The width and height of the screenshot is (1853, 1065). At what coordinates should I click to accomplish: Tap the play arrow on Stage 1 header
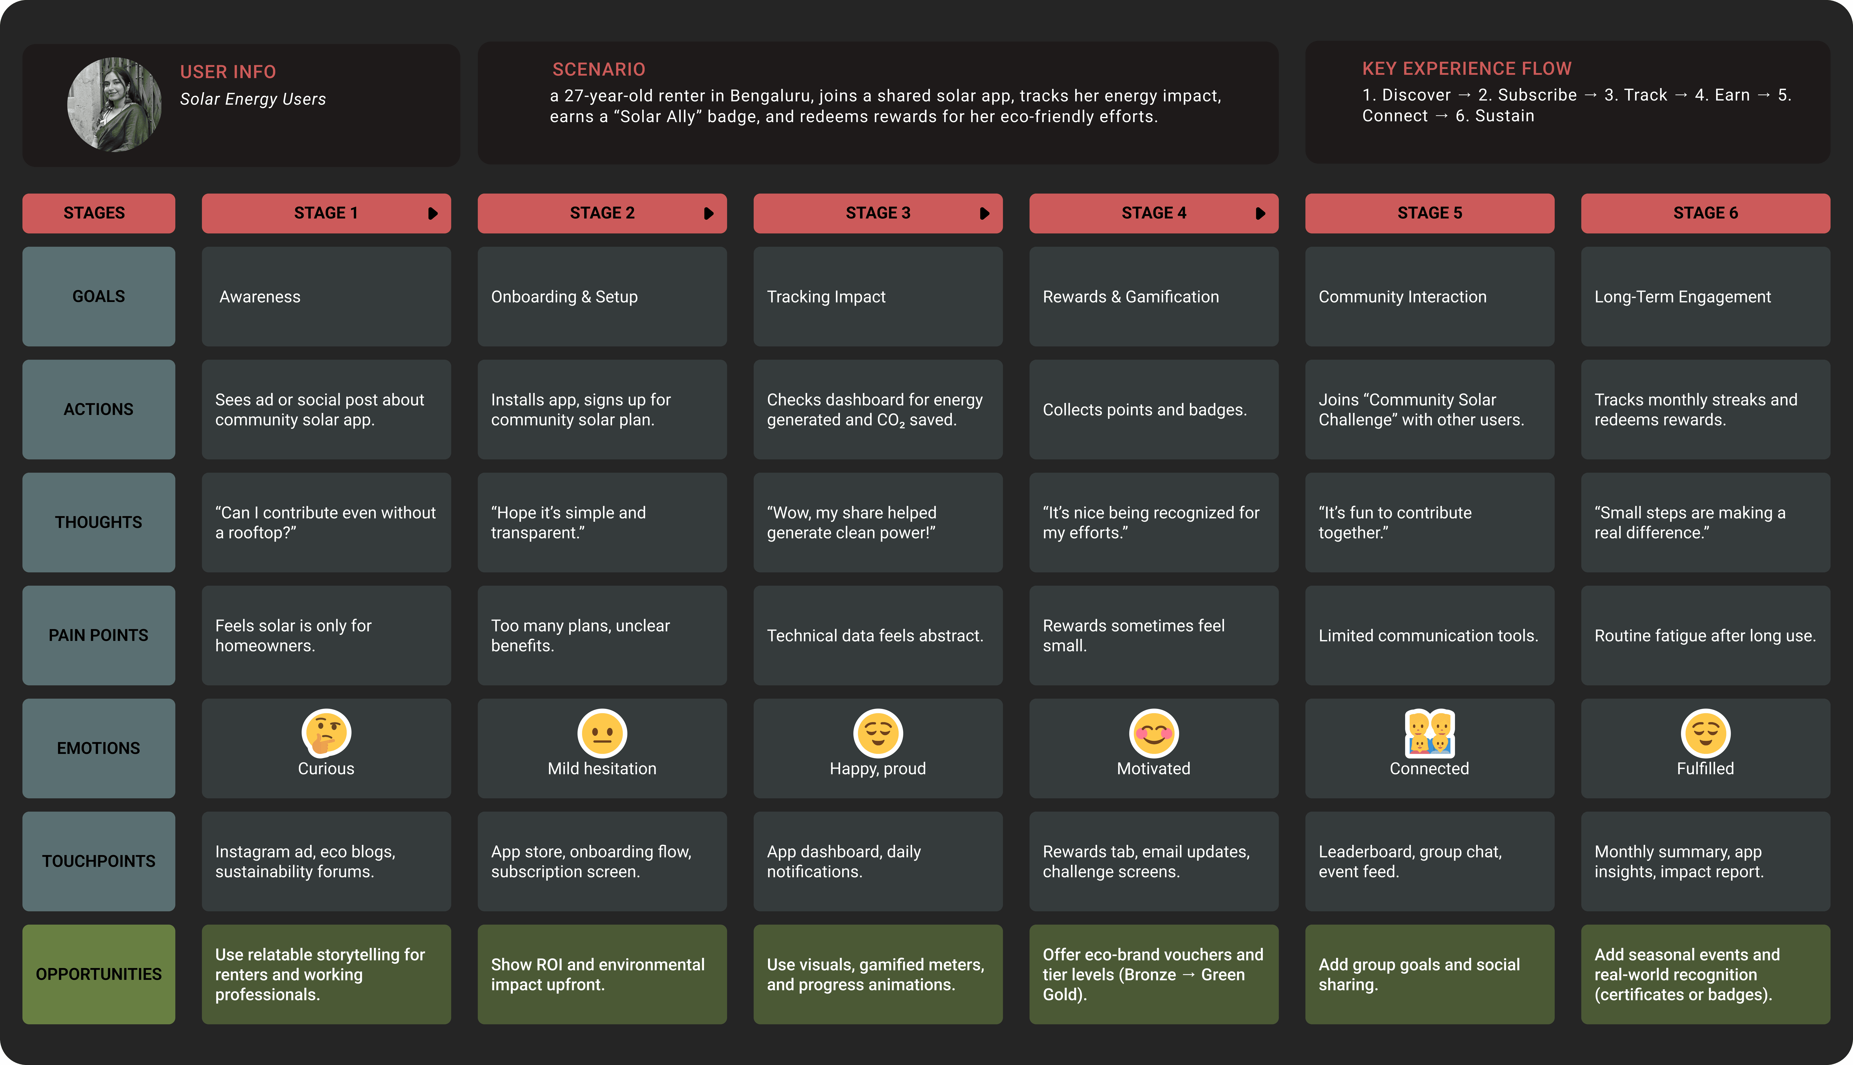(432, 213)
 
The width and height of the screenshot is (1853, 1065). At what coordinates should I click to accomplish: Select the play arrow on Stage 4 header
(1260, 213)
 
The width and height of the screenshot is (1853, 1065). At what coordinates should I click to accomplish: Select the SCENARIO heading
(598, 70)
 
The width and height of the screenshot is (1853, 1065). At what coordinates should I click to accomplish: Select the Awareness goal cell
(326, 296)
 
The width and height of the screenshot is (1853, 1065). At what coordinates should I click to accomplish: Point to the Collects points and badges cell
(1154, 410)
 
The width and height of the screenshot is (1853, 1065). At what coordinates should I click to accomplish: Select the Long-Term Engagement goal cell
(1705, 296)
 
